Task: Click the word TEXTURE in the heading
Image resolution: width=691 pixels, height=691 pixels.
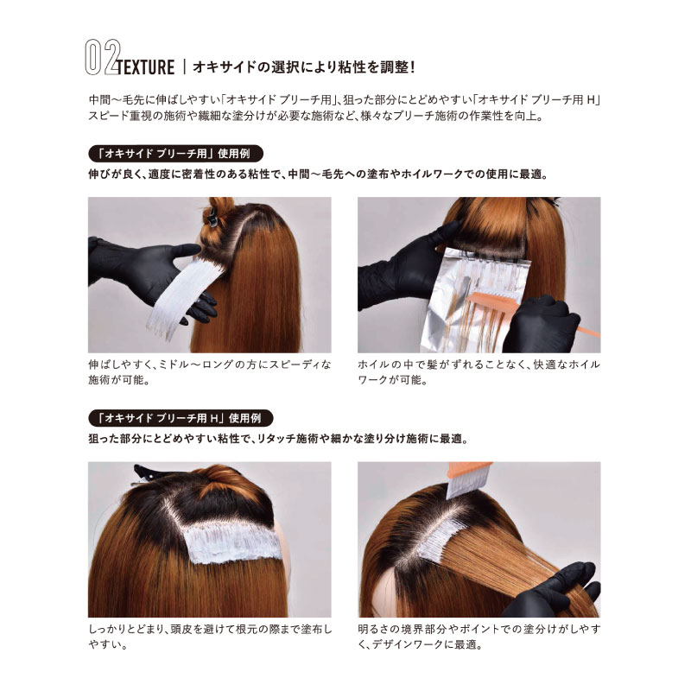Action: [x=146, y=67]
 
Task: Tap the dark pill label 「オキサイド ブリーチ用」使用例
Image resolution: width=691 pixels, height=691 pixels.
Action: [x=176, y=154]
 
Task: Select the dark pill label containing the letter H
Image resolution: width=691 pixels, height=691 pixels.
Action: [x=181, y=418]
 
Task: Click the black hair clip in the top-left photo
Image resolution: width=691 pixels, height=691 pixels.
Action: [x=212, y=216]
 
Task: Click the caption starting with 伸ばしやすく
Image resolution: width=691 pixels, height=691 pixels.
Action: [x=209, y=372]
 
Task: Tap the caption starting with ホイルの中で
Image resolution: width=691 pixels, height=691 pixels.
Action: [x=479, y=372]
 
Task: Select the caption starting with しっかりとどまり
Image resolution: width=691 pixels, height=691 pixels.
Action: [x=210, y=637]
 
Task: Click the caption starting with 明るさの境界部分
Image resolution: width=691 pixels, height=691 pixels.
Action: [x=479, y=637]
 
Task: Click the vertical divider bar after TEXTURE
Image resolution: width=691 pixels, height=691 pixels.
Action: [x=184, y=67]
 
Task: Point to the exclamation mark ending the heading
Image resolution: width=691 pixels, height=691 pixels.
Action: [x=412, y=67]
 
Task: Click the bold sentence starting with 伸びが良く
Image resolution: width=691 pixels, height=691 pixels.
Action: [x=318, y=174]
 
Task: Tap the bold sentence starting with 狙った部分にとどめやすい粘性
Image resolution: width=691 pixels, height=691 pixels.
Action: [x=278, y=439]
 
